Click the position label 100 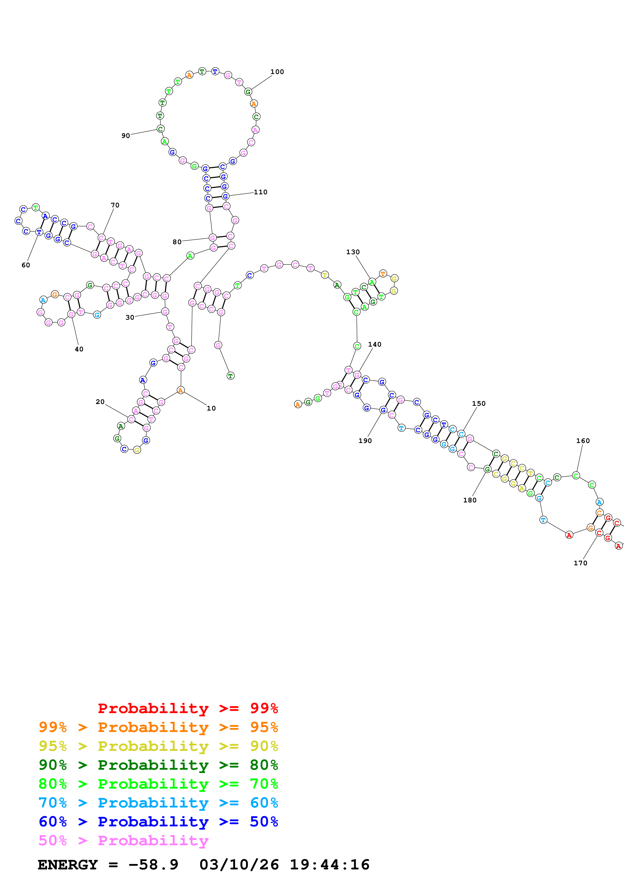(277, 72)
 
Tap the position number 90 (126, 136)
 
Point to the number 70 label (115, 205)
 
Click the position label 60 (26, 265)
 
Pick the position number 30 (130, 318)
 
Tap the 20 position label (100, 402)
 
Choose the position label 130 (353, 252)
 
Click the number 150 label (479, 403)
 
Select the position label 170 (580, 563)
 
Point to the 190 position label (365, 441)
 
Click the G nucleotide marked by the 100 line (248, 92)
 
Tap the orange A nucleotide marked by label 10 (180, 391)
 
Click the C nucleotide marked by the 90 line (160, 129)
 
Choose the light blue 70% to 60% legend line (158, 803)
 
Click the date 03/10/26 (239, 865)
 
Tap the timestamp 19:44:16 (329, 865)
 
